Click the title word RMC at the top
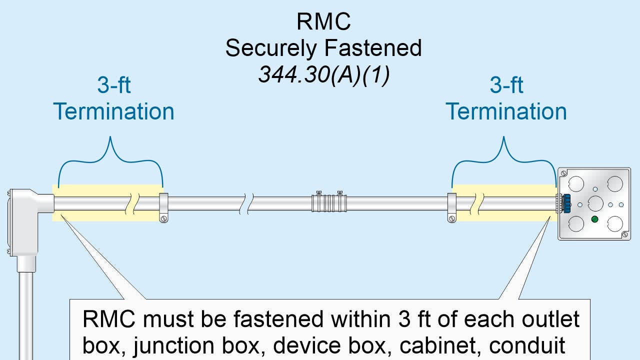[323, 22]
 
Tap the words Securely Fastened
[323, 48]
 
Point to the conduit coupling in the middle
[328, 203]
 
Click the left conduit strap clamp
[163, 206]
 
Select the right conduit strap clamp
[451, 206]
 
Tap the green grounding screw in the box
[594, 219]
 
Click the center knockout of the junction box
[595, 203]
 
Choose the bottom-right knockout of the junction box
[613, 223]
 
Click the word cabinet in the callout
[511, 345]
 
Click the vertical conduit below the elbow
[25, 310]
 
